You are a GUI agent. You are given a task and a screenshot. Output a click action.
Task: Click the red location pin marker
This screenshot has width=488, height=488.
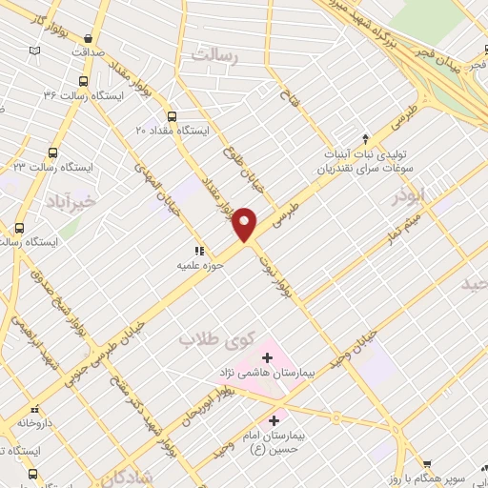pos(246,223)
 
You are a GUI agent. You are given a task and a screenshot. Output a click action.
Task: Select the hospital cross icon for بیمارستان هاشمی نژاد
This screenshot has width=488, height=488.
pos(267,358)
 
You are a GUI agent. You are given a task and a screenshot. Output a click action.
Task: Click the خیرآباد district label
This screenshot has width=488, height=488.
pos(71,201)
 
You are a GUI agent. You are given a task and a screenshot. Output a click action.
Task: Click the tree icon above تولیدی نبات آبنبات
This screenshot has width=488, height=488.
pos(366,138)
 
